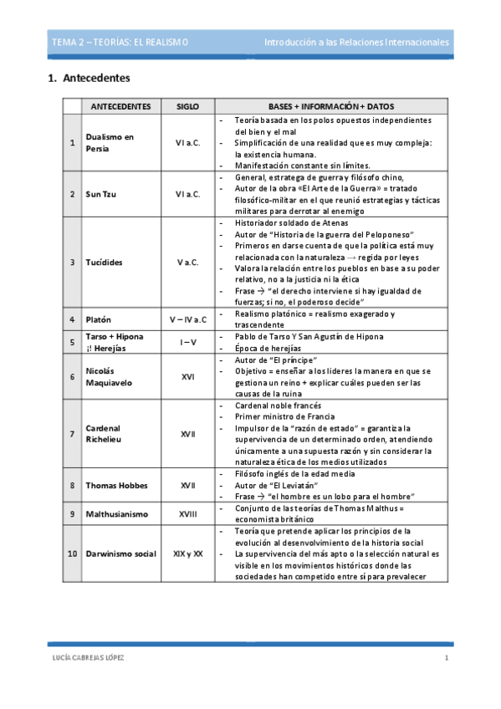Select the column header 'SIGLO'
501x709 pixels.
tap(188, 107)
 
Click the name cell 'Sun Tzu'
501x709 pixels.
tap(100, 194)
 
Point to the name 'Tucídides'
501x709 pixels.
tap(104, 262)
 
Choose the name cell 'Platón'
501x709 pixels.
tap(98, 319)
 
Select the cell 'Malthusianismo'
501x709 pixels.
tap(118, 513)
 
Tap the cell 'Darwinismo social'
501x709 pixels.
tap(120, 553)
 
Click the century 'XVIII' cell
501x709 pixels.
tap(188, 513)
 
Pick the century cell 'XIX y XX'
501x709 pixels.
tap(188, 553)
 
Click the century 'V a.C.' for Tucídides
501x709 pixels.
tap(188, 262)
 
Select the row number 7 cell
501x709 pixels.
tap(72, 435)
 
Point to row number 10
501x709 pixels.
tap(72, 553)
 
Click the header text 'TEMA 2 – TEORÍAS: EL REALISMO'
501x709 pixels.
tap(120, 42)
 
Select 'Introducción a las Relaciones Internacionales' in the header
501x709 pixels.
tap(356, 42)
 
